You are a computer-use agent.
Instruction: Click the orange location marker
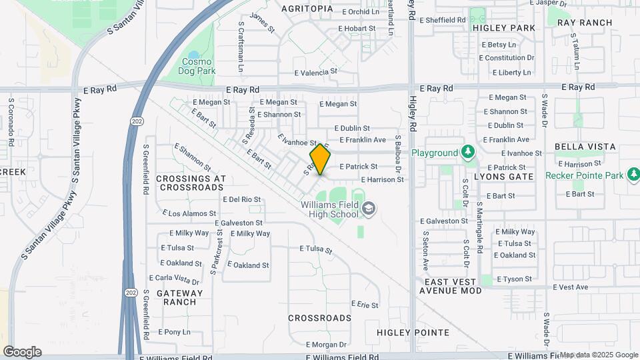coord(321,159)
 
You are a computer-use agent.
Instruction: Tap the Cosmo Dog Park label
coord(198,66)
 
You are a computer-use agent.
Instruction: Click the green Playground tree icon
coord(469,153)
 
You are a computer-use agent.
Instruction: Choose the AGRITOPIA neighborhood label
coord(307,9)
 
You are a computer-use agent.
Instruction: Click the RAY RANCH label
coord(585,23)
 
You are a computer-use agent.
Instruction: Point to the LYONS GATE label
coord(504,177)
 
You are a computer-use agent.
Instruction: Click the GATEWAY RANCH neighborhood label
coord(179,297)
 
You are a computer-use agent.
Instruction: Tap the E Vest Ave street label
coord(571,287)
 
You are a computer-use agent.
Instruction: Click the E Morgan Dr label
coord(326,345)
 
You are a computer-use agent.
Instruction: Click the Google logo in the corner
coord(22,352)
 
